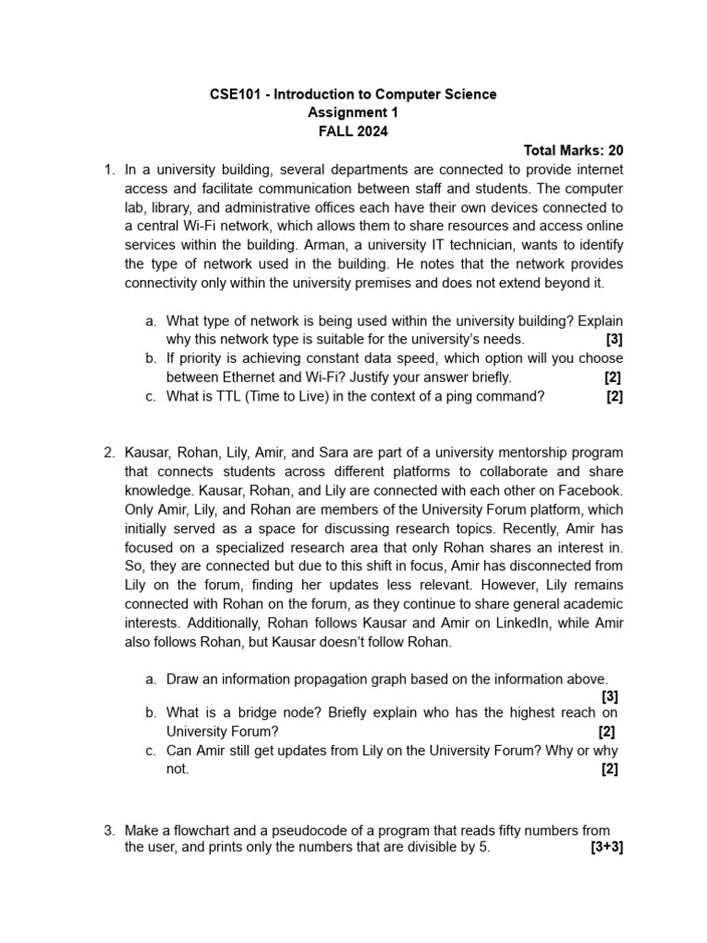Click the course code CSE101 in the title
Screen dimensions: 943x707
pos(235,94)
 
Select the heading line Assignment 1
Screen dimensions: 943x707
pos(353,112)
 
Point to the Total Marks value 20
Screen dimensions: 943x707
pos(615,150)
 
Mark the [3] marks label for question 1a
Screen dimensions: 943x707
pos(614,339)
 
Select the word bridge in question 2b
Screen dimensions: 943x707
pos(258,714)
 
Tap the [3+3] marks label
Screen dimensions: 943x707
pos(607,848)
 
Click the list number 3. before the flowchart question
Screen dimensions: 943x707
pos(110,831)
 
